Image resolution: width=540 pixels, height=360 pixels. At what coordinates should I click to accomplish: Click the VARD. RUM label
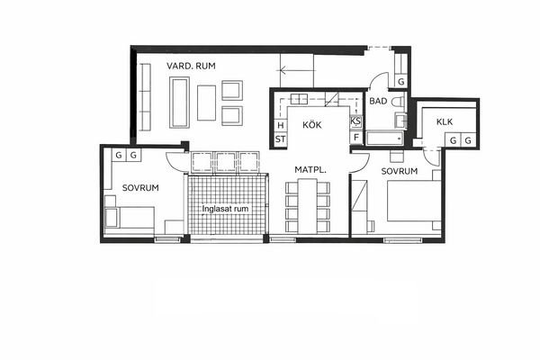tap(191, 66)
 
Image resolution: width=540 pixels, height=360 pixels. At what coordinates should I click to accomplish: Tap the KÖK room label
tap(312, 124)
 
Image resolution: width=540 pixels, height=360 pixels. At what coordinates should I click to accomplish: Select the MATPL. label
tap(310, 169)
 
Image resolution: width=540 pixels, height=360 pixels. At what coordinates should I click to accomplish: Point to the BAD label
tap(378, 102)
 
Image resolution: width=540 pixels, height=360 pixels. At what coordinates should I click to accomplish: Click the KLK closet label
tap(445, 122)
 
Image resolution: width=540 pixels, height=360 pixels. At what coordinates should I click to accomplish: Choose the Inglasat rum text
tap(225, 209)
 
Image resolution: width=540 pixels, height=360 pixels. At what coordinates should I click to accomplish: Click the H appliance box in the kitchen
tap(281, 125)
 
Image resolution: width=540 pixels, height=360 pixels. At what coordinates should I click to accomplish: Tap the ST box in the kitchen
tap(280, 139)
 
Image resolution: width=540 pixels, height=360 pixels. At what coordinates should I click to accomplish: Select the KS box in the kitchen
tap(355, 121)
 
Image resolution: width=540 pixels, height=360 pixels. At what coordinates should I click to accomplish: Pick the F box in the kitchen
tap(356, 138)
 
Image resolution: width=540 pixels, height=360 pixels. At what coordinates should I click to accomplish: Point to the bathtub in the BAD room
tap(384, 138)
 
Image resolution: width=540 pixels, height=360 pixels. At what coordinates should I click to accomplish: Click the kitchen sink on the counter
tap(299, 99)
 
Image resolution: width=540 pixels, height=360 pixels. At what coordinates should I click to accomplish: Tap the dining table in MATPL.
tap(308, 206)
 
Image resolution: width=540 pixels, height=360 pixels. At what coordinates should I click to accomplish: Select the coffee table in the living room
tap(206, 103)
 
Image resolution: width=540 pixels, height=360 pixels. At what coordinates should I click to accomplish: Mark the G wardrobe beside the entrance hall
tap(400, 82)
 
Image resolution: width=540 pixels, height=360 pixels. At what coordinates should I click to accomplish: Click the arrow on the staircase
tap(296, 70)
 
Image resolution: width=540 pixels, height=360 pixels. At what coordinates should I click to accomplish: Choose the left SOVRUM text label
tap(140, 188)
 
